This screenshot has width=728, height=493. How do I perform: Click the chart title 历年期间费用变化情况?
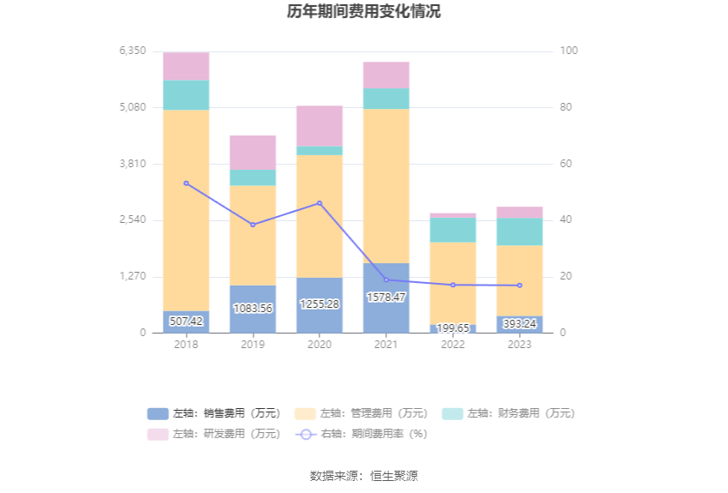364,12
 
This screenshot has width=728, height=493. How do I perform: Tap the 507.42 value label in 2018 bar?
186,322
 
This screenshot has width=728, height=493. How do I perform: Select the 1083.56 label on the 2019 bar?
253,309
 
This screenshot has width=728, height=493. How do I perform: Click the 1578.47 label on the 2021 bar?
385,297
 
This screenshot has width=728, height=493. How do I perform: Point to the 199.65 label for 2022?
452,328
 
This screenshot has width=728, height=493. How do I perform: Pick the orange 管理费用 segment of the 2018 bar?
186,210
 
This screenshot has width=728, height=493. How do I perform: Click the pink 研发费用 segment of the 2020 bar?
319,126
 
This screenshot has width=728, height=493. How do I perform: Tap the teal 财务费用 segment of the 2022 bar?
452,230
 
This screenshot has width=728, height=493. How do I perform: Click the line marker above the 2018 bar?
186,183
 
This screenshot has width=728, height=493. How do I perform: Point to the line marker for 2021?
385,280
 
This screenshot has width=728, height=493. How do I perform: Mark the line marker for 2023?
519,286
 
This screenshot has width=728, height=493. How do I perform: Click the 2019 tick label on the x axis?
253,345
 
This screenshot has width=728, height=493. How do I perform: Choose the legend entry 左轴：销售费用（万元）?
214,413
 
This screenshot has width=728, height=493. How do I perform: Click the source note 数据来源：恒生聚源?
364,476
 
